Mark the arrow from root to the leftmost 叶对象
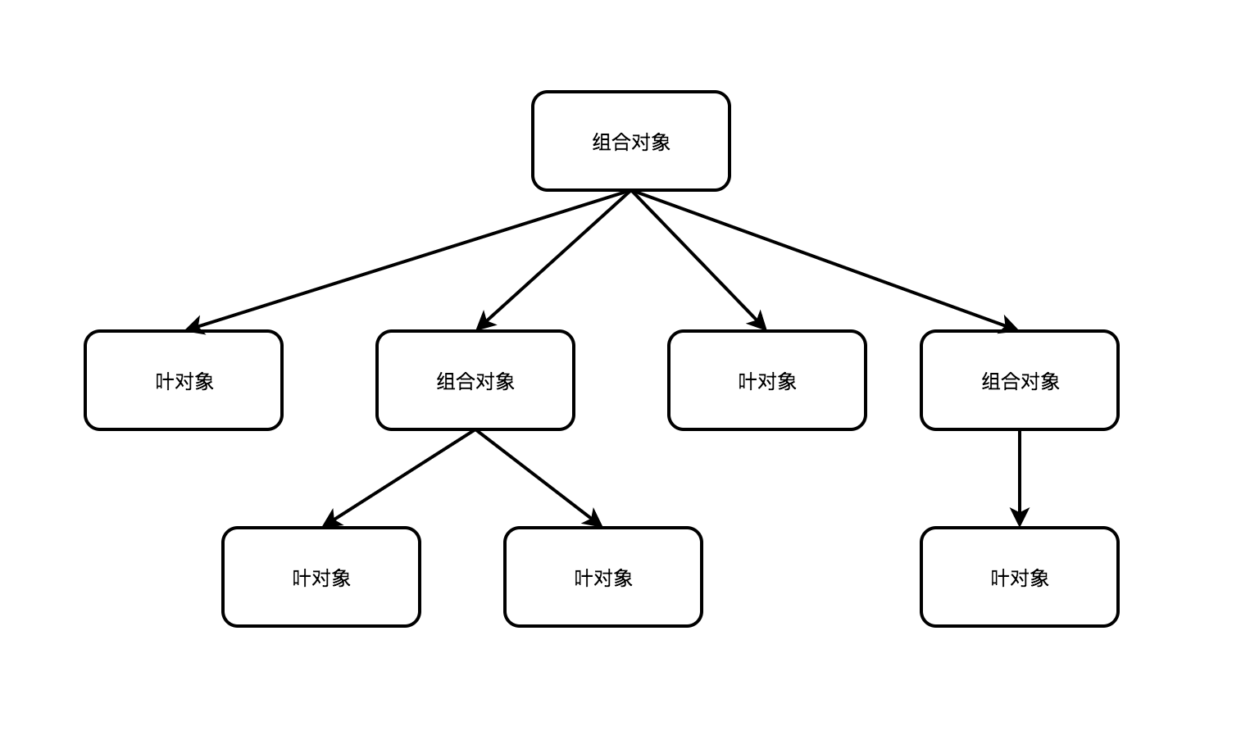coord(410,260)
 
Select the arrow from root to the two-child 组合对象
coord(553,260)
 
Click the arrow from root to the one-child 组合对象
coord(824,260)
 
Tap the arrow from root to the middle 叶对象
coord(697,260)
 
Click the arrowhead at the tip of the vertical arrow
coord(1019,518)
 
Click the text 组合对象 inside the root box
coord(630,142)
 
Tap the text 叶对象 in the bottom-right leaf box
coord(1019,578)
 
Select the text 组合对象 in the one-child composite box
coord(1020,381)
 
